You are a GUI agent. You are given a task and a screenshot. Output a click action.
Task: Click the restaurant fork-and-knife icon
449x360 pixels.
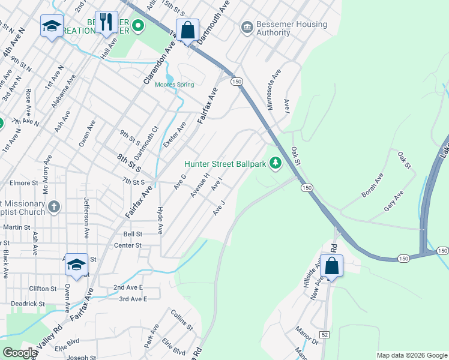click(106, 23)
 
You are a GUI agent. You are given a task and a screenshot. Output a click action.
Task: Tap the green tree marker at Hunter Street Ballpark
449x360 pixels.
click(276, 163)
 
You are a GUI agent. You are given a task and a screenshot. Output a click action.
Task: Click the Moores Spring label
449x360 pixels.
click(174, 85)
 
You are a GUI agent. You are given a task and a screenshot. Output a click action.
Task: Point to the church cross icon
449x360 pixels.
click(54, 207)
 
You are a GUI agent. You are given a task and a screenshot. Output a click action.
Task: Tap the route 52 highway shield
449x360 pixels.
click(325, 334)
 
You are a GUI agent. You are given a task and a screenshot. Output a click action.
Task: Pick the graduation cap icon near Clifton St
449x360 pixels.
click(77, 265)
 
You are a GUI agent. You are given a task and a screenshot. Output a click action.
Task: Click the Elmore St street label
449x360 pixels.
click(24, 182)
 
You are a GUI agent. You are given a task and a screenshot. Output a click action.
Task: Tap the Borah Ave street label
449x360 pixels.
click(372, 186)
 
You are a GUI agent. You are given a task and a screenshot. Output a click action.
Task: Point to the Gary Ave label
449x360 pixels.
click(394, 202)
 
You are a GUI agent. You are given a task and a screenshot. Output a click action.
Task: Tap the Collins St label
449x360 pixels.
click(181, 320)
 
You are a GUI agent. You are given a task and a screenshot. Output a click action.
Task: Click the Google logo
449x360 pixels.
click(19, 353)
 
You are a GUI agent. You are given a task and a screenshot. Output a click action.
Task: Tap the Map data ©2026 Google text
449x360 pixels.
click(411, 355)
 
